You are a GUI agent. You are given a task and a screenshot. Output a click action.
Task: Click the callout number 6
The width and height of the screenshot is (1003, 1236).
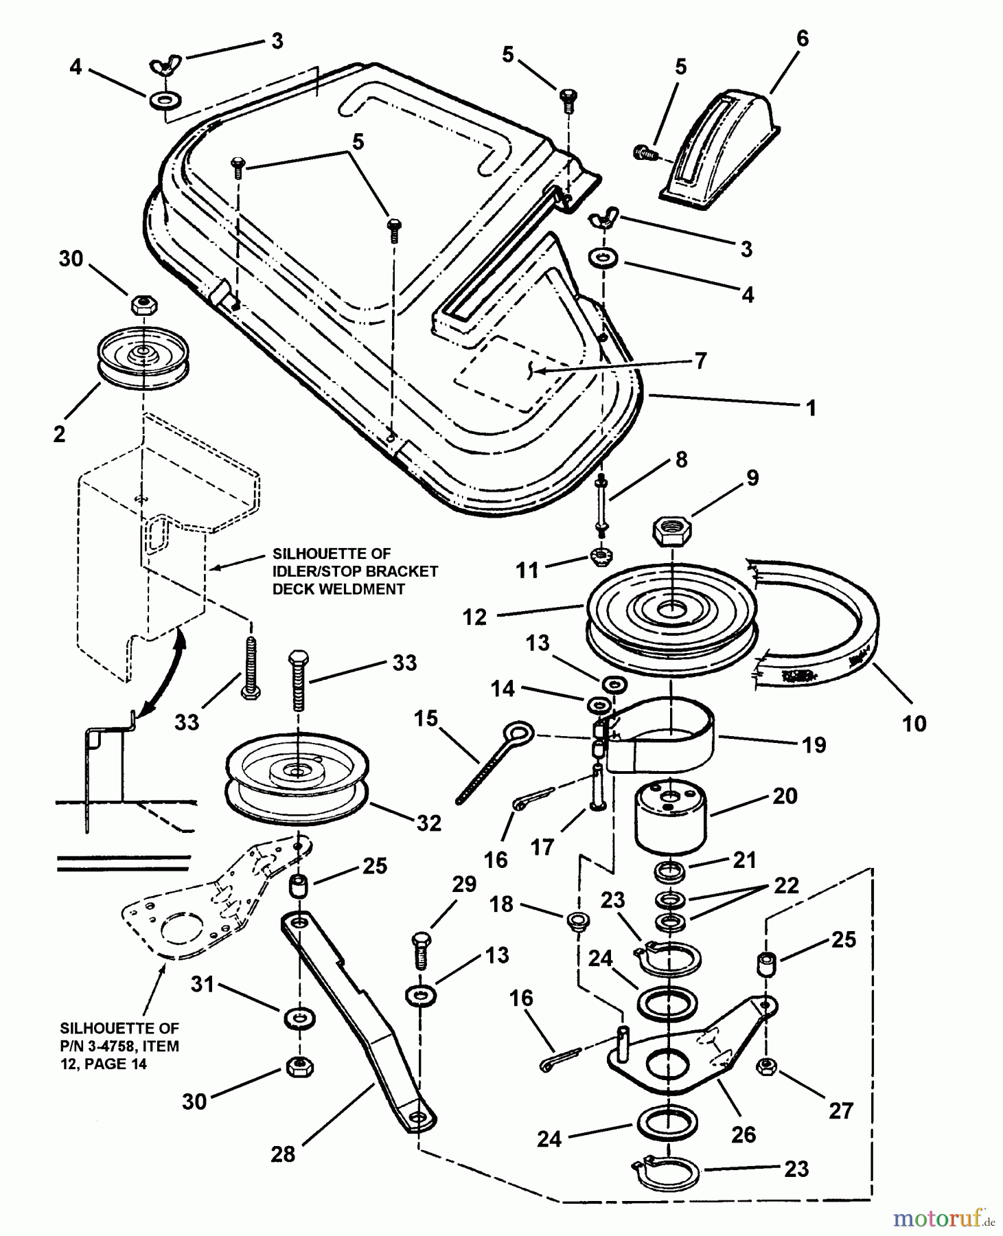click(803, 39)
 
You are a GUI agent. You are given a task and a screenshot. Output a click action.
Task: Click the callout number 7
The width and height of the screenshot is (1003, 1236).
click(700, 360)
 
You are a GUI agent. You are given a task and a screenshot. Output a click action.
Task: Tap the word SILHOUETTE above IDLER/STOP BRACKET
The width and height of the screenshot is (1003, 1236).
click(332, 553)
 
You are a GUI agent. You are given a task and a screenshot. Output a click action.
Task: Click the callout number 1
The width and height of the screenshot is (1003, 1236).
click(811, 408)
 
